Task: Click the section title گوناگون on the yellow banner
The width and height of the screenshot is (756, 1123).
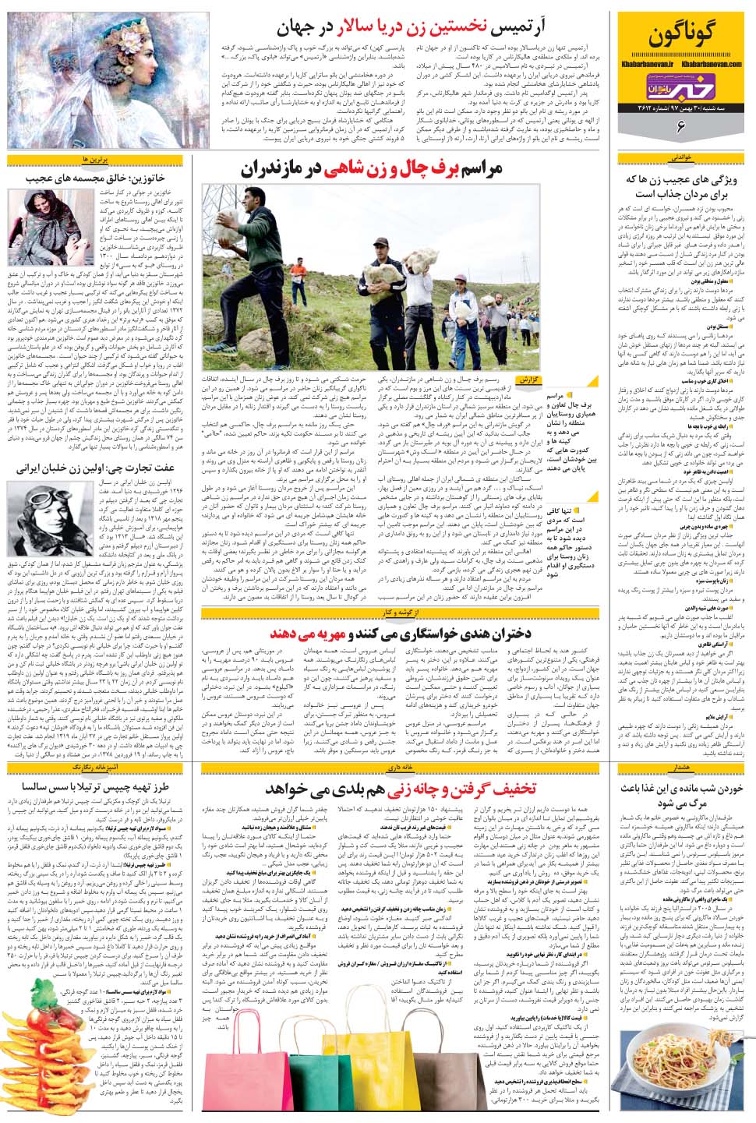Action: (685, 36)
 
